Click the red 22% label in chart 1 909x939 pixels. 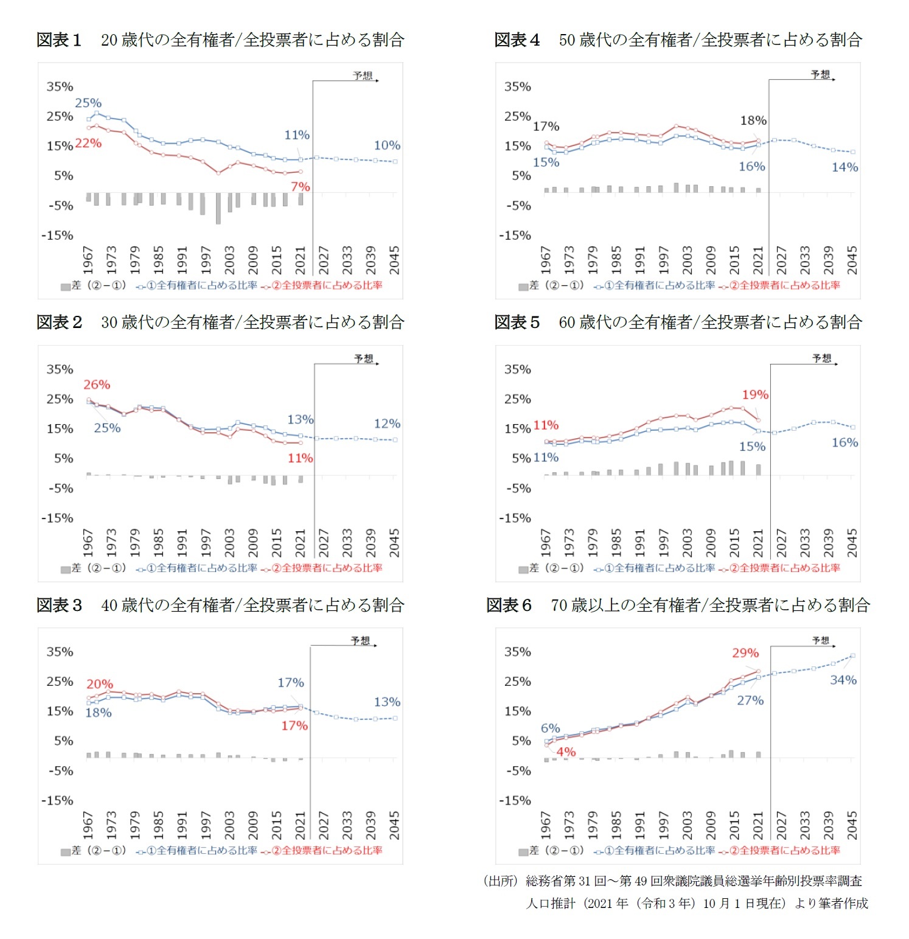point(88,144)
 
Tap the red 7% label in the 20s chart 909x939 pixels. point(300,187)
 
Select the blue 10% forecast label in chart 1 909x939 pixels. point(387,145)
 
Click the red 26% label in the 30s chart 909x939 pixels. point(97,385)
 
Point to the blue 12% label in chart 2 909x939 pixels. point(387,424)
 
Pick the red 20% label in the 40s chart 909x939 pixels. point(100,684)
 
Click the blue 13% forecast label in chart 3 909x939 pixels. point(387,702)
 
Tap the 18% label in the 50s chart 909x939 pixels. point(753,120)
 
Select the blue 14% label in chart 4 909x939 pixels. point(845,167)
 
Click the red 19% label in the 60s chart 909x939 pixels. point(755,394)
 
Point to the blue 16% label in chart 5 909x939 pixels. point(845,442)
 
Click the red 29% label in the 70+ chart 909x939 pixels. point(745,653)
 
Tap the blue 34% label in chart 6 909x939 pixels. point(843,680)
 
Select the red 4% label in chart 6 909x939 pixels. point(566,752)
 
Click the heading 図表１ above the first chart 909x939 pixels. point(59,40)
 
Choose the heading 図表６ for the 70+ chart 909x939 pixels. point(509,605)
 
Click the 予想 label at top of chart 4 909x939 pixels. point(820,74)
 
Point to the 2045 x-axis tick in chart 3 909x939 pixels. point(394,825)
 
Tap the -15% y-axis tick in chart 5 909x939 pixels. point(515,518)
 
